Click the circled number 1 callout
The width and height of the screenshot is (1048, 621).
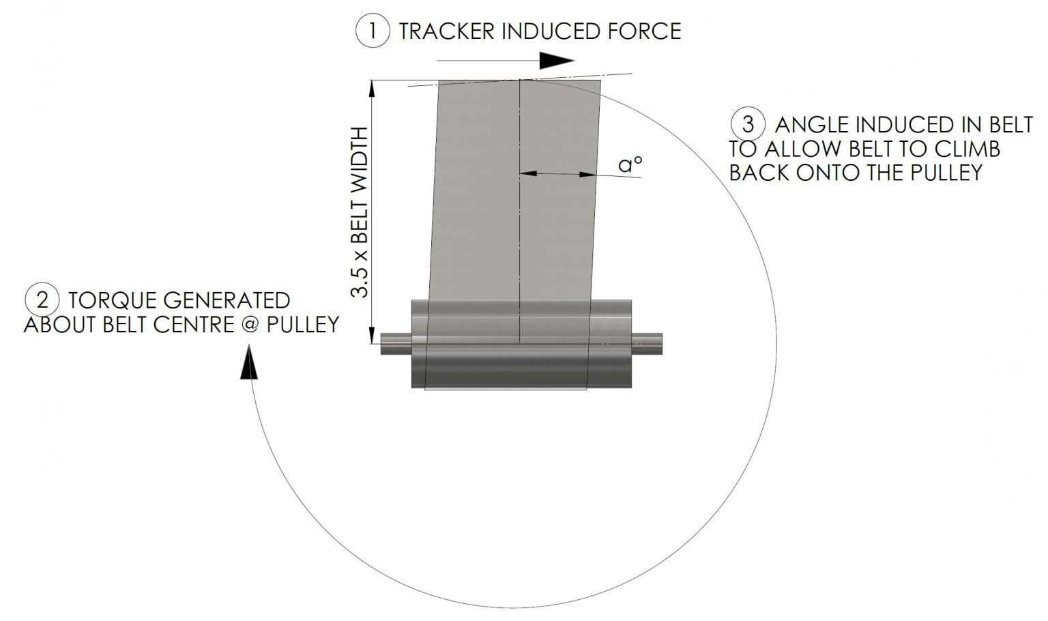[372, 31]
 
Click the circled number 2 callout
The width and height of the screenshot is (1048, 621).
[42, 300]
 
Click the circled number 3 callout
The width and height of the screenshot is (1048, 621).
[748, 124]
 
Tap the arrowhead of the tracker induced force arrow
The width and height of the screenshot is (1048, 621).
[558, 61]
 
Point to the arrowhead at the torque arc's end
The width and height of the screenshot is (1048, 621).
[250, 363]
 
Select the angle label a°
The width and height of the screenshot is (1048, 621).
[630, 164]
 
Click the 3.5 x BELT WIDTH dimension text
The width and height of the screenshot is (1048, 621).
[359, 212]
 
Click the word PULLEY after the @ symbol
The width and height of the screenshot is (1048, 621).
[302, 323]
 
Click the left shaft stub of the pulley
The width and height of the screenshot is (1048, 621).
[395, 343]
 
